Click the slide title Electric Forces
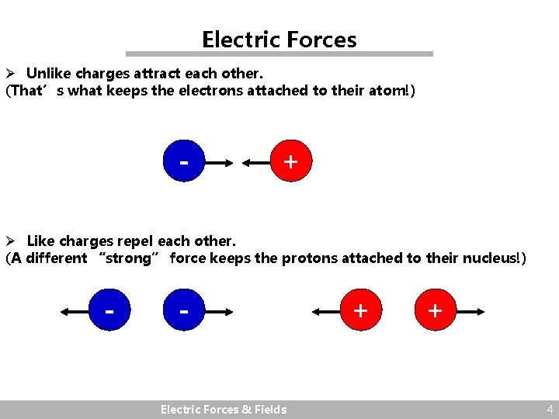click(279, 39)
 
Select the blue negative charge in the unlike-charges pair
click(184, 162)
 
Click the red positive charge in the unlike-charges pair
click(290, 162)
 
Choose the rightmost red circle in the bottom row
click(435, 311)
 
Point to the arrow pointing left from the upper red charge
click(255, 163)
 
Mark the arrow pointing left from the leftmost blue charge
click(75, 312)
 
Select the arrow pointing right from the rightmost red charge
click(470, 312)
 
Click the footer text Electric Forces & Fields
click(224, 410)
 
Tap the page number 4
click(550, 409)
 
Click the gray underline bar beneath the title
click(279, 54)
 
